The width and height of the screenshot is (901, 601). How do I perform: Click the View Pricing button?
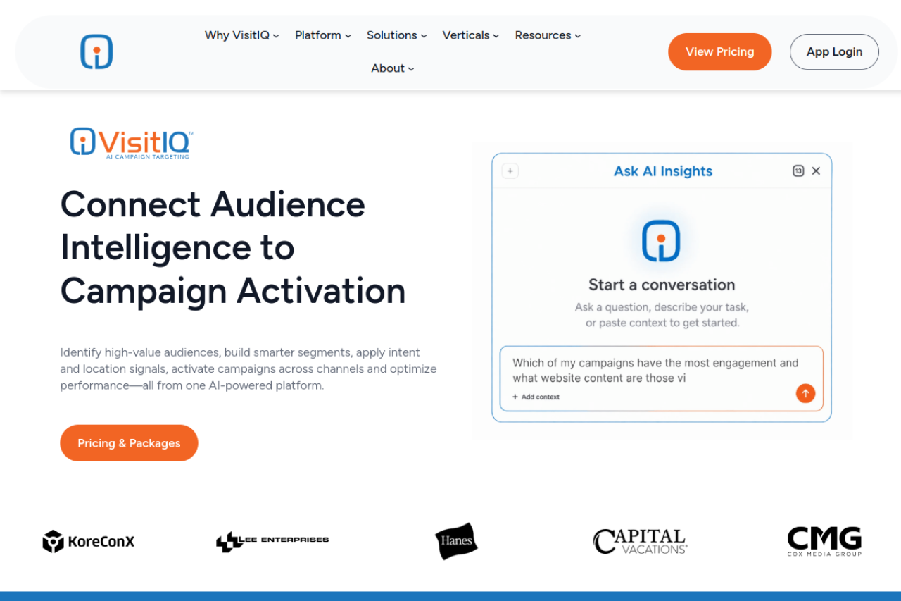coord(719,52)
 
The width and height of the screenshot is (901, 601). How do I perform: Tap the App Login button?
coord(834,52)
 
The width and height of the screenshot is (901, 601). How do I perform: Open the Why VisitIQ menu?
coord(241,35)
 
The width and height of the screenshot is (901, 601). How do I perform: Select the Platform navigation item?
coord(323,35)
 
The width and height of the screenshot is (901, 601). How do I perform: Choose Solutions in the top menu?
coord(396,35)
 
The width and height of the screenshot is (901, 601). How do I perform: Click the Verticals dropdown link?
coord(471,35)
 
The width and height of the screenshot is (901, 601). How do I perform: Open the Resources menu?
coord(548,35)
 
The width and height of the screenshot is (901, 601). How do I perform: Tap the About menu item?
coord(393,68)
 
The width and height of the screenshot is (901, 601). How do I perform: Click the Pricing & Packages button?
coord(129,443)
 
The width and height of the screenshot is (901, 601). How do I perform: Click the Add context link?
coord(536,397)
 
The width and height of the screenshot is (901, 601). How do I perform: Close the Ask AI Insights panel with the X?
coord(816,171)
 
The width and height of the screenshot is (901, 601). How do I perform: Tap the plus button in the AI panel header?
coord(510,171)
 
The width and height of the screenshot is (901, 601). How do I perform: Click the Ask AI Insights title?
coord(663,171)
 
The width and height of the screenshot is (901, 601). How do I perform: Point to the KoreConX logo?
coord(89,541)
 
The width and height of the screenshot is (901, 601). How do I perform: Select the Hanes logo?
coord(457,541)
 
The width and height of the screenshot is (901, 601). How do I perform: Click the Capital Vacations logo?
coord(641,541)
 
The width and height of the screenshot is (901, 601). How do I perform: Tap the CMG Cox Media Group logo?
coord(824,541)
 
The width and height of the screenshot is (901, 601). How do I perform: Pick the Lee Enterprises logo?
coord(272,541)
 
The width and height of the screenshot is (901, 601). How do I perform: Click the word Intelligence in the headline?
coord(156,247)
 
